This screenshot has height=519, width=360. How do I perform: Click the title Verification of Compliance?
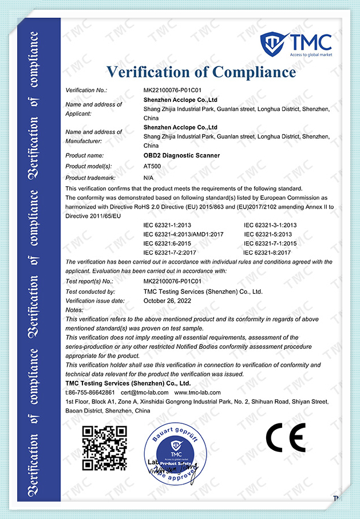tap(201, 72)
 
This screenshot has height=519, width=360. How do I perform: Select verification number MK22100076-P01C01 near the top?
tap(172, 91)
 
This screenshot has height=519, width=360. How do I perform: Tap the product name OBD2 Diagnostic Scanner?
tap(181, 155)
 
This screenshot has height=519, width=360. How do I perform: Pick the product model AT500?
tap(152, 166)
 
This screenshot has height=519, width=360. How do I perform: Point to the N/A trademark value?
tap(148, 178)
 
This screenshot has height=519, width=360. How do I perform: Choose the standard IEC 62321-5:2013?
tap(268, 234)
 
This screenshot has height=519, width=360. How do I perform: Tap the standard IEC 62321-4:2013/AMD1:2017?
tap(183, 234)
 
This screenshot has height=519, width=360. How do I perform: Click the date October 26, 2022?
tap(167, 301)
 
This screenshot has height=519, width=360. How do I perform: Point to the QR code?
tap(104, 448)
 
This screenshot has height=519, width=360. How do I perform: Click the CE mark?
tap(285, 439)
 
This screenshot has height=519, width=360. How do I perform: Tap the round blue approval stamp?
tap(176, 452)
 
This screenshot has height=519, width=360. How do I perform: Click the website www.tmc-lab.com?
tap(197, 392)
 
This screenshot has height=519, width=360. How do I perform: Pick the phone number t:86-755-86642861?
tap(90, 392)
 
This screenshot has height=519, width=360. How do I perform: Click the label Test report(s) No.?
tap(89, 282)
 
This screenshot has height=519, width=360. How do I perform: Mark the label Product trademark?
tap(92, 178)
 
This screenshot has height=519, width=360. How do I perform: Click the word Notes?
tap(75, 310)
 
